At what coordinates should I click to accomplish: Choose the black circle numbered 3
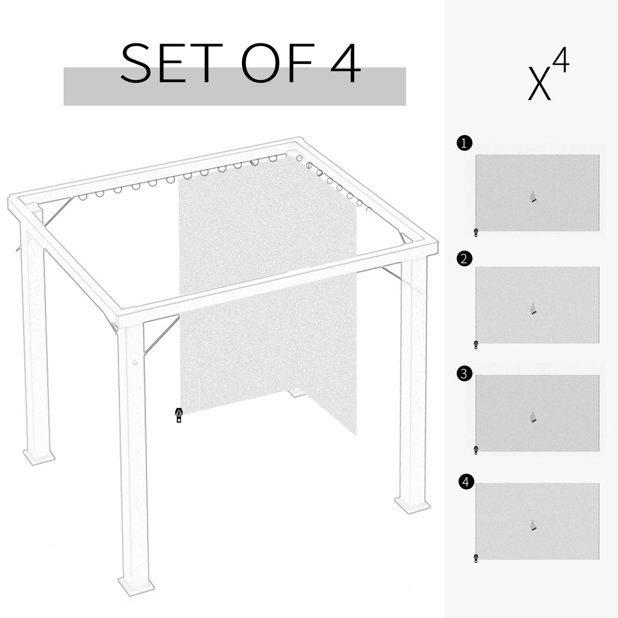point(465,374)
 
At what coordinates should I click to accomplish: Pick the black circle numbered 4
point(466,482)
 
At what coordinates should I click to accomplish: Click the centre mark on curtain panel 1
point(533,197)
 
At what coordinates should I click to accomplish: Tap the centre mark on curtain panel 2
point(533,309)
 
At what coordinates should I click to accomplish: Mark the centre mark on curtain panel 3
point(533,417)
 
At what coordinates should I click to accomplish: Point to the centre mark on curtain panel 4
point(533,525)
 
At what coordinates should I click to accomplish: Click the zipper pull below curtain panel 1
point(476,232)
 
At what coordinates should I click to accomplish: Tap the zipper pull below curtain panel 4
point(476,558)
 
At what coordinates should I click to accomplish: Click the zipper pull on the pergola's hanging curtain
point(179,415)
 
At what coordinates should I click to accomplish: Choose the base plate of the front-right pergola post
point(412,505)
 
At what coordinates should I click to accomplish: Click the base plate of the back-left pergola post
point(39,457)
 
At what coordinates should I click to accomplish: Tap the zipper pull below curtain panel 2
point(476,344)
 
